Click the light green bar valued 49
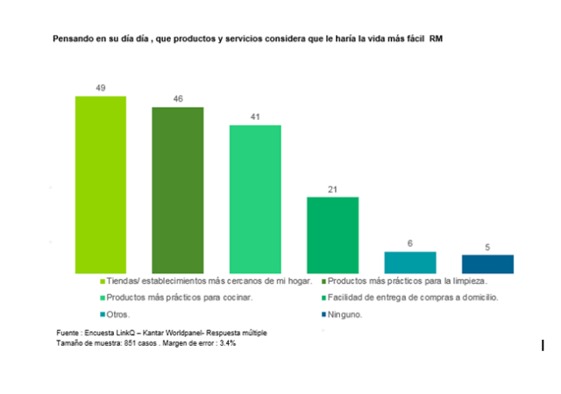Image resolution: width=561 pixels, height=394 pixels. (x=101, y=184)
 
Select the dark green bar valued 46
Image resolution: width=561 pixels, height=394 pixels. (x=178, y=189)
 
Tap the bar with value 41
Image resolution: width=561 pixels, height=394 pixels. (x=255, y=198)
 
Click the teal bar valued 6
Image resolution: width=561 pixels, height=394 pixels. (x=410, y=262)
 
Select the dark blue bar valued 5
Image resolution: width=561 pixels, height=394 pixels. (x=487, y=264)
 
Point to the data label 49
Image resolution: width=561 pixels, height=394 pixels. (x=101, y=88)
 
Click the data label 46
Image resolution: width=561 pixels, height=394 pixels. (x=178, y=99)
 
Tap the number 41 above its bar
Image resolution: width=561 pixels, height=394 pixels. (x=255, y=116)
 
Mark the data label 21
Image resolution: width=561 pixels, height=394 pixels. (x=332, y=188)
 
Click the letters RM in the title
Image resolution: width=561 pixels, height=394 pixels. (x=436, y=39)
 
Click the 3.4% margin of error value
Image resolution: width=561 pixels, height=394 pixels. (x=225, y=343)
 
